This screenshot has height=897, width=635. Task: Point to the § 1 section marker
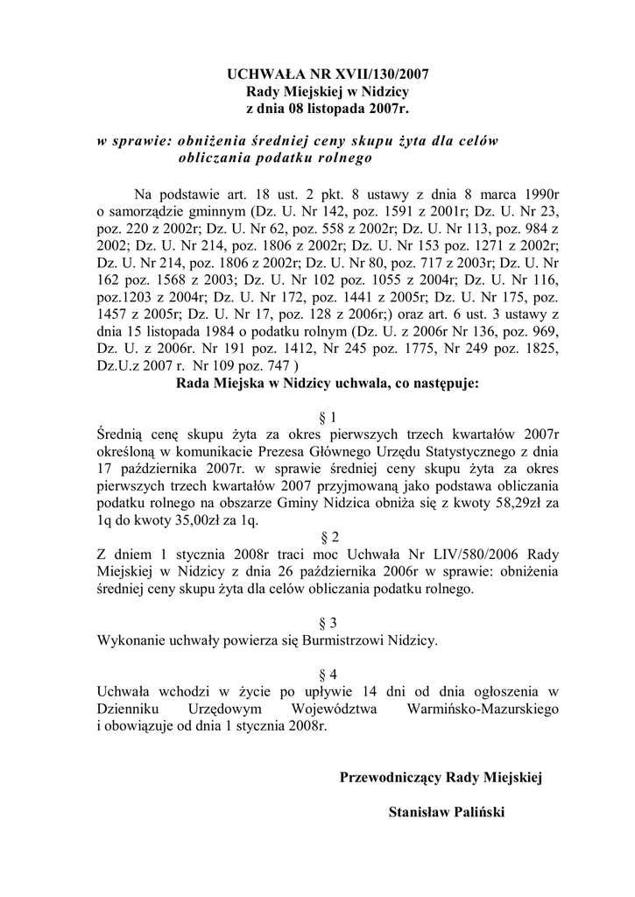(323, 417)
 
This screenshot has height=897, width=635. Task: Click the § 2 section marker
(323, 534)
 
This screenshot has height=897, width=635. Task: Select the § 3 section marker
(323, 623)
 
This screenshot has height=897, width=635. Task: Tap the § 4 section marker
(323, 673)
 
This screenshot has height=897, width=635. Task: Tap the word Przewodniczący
(391, 776)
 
